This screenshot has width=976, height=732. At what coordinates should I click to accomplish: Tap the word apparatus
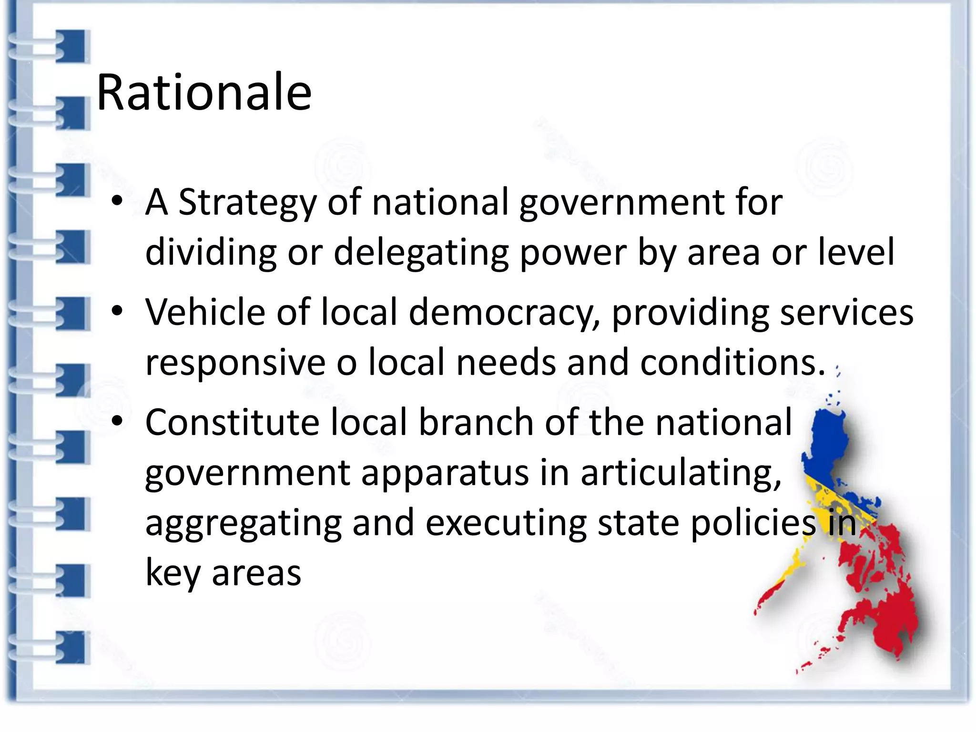[x=445, y=473]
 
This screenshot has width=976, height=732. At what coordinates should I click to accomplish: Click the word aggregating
[x=243, y=523]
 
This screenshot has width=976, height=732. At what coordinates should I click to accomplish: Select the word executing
[x=506, y=523]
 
